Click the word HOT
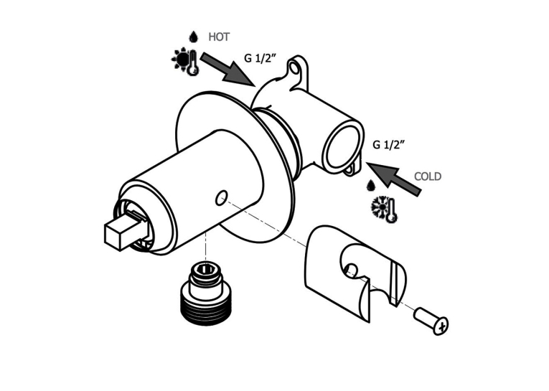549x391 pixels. (x=219, y=37)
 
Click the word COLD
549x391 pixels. (x=428, y=176)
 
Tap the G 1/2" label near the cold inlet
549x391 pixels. (x=389, y=144)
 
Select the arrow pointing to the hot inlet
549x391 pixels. (x=227, y=69)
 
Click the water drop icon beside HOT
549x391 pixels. (x=193, y=37)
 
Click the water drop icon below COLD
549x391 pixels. (x=370, y=186)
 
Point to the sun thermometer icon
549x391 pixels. (x=186, y=62)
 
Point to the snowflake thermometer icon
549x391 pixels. (x=384, y=209)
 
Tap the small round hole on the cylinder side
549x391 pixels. (x=221, y=198)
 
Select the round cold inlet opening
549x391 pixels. (x=342, y=146)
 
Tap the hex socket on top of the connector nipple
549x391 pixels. (x=206, y=269)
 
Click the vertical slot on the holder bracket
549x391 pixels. (x=393, y=284)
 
